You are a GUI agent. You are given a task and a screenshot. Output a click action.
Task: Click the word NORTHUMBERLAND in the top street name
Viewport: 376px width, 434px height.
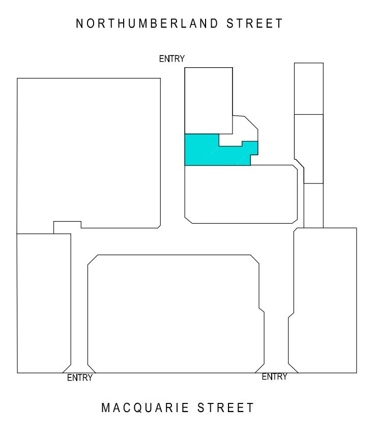(147, 23)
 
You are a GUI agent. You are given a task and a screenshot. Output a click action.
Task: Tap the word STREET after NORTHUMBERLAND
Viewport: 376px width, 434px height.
(254, 23)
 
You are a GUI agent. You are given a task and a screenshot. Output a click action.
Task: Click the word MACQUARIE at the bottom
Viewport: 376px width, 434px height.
(145, 408)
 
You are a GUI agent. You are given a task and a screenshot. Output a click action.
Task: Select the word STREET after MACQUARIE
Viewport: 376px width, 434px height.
(225, 408)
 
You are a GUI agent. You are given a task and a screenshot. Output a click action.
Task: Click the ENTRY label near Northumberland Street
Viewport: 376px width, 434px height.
(171, 59)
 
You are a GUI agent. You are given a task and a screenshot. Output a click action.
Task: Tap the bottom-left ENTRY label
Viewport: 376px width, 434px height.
(79, 377)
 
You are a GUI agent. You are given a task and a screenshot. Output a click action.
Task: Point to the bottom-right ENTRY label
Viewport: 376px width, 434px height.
(275, 376)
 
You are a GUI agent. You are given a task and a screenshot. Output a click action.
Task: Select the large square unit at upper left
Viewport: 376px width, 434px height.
(89, 152)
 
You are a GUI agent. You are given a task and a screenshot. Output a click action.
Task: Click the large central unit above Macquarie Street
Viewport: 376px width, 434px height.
(176, 314)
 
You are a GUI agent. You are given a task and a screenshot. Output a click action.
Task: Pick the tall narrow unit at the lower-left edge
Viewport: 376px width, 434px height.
(44, 303)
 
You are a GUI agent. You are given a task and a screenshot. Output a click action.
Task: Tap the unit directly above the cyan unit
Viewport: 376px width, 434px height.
(209, 101)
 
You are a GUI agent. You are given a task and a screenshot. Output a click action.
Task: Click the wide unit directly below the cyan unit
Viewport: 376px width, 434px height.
(241, 194)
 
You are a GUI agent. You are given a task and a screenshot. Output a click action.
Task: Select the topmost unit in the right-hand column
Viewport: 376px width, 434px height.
(309, 89)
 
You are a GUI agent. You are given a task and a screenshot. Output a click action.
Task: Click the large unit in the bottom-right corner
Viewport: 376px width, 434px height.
(323, 301)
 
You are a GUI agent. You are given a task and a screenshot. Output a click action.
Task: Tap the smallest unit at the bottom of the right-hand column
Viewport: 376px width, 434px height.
(313, 206)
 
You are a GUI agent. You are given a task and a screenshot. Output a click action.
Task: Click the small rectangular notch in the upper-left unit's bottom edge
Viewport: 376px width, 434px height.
(67, 227)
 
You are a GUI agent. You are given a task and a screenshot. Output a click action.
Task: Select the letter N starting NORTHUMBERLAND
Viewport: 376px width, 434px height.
(79, 23)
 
